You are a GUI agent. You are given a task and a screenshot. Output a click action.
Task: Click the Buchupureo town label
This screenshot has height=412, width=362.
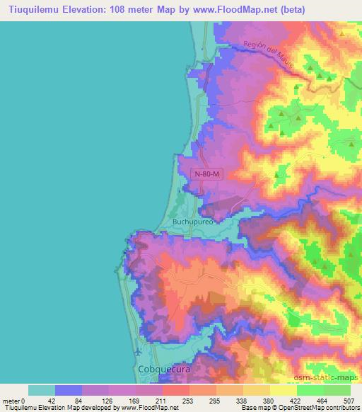[x=192, y=221]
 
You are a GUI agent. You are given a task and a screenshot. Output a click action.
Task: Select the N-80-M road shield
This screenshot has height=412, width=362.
[x=208, y=172]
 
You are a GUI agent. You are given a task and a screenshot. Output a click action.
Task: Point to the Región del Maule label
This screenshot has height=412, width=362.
[x=267, y=55]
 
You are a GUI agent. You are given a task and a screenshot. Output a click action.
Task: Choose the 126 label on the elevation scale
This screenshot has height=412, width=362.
[x=109, y=401]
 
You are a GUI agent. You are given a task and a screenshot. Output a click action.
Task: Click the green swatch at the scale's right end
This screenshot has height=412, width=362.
[x=337, y=390]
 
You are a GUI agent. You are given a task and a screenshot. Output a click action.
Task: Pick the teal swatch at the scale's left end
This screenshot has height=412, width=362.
[x=42, y=390]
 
